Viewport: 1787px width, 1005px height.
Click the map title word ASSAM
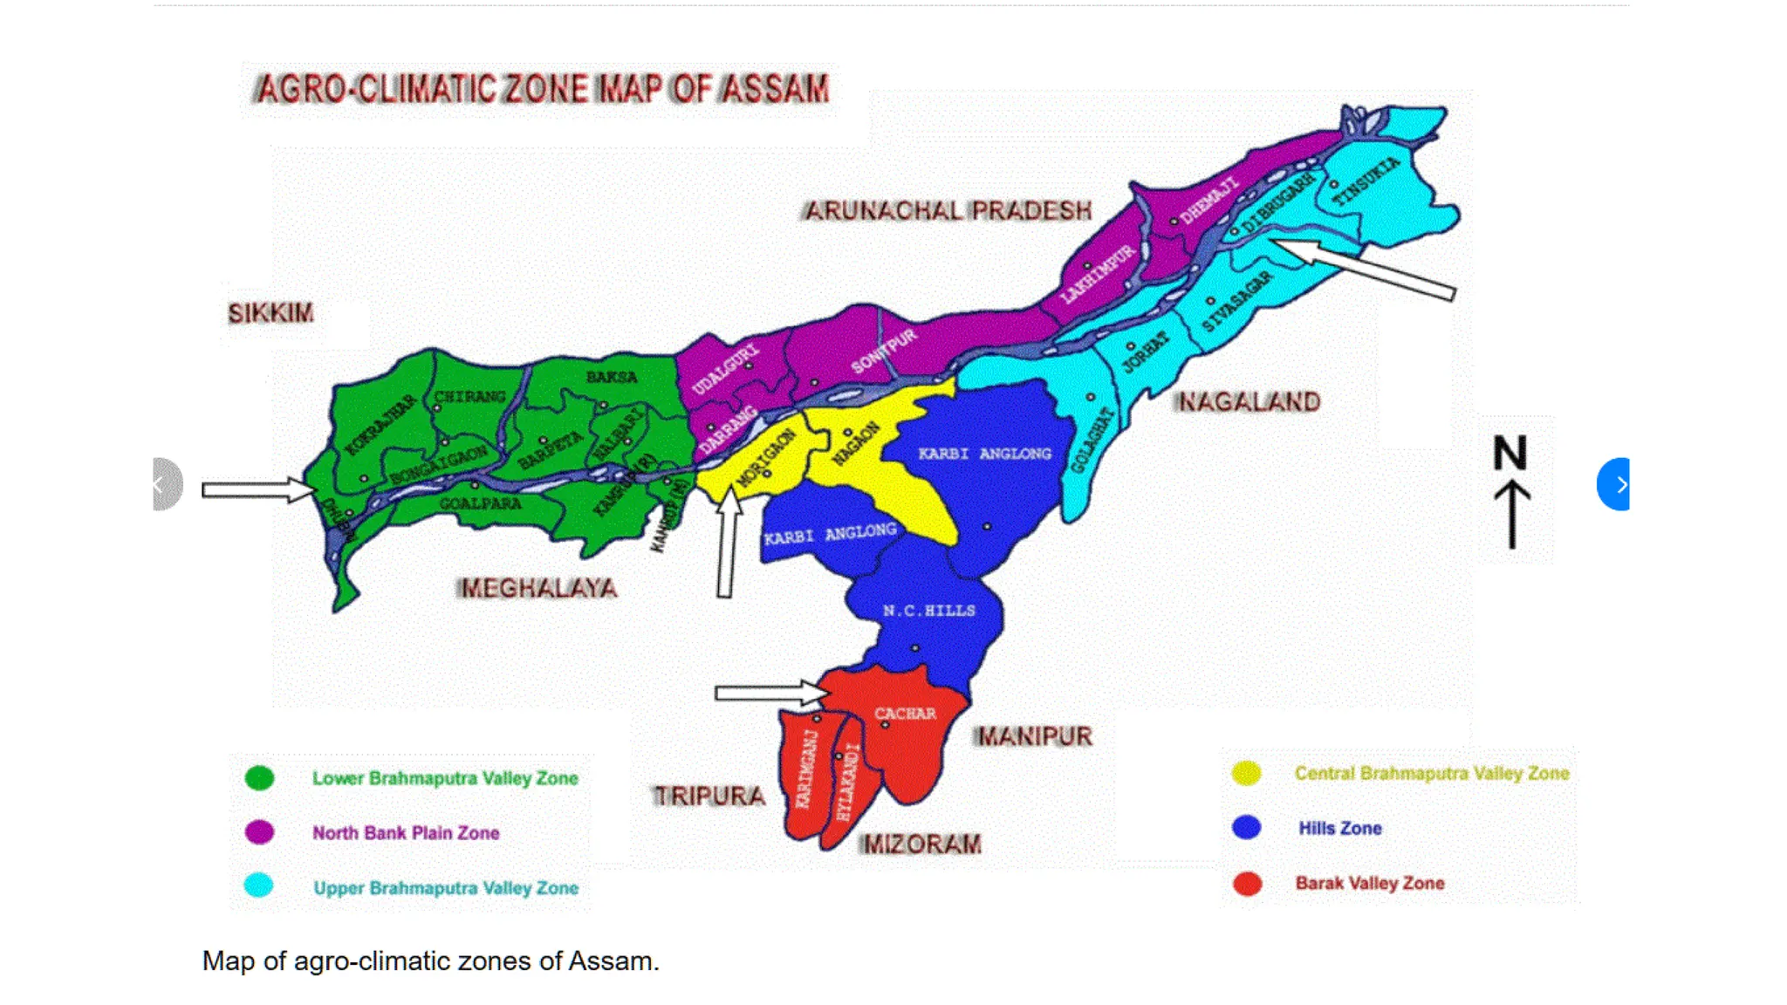[773, 89]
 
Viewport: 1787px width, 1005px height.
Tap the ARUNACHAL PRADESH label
[948, 211]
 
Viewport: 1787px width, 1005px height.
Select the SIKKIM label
[270, 313]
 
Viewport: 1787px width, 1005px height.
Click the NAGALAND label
[1248, 402]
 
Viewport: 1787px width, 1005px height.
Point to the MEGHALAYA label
[538, 589]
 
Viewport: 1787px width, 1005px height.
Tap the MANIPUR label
[1034, 737]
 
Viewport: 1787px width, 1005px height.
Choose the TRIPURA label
[709, 796]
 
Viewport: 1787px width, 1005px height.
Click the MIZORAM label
[921, 844]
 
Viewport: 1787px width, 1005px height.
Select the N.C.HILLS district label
[928, 611]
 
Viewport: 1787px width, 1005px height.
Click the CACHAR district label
[905, 714]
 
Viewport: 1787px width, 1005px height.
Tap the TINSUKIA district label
[1366, 181]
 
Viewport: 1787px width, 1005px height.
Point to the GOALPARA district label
[480, 504]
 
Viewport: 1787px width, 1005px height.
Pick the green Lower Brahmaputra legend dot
[259, 778]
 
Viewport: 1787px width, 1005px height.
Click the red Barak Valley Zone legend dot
[1247, 884]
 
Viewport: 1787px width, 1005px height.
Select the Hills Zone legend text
[1339, 829]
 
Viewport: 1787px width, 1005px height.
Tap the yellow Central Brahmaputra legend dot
[1246, 773]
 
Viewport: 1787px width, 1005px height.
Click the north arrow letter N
[1510, 454]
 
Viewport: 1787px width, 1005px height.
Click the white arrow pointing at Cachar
[768, 694]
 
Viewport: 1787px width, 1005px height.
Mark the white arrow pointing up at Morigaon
[726, 545]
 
